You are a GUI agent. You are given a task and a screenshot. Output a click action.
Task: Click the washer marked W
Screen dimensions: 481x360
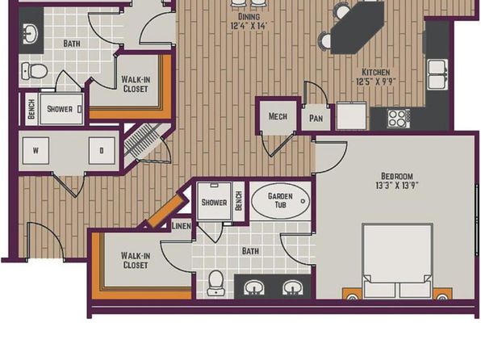click(36, 151)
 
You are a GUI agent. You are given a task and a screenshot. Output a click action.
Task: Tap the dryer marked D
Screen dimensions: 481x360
click(102, 151)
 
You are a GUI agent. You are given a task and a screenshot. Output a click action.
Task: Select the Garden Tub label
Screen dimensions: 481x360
click(280, 200)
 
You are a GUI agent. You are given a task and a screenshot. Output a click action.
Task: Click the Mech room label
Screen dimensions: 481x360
click(278, 116)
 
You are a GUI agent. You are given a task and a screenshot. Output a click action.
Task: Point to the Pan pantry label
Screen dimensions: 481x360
click(316, 118)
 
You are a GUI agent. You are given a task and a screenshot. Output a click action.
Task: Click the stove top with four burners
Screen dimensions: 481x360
click(399, 119)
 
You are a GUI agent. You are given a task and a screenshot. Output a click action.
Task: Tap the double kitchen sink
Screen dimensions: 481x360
click(437, 74)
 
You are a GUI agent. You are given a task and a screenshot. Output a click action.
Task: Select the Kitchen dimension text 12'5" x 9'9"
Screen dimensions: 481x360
click(376, 82)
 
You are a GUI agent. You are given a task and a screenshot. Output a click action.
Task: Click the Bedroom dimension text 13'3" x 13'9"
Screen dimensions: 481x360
click(397, 186)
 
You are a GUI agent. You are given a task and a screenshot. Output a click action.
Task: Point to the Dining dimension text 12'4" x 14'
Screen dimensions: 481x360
click(249, 26)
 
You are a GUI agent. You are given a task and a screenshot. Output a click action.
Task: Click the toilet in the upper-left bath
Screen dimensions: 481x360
click(35, 71)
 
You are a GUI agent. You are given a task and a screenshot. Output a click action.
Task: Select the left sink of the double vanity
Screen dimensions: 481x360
click(253, 288)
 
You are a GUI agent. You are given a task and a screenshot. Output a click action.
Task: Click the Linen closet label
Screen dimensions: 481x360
click(182, 226)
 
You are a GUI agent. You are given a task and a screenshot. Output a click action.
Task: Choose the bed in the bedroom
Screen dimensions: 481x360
click(398, 261)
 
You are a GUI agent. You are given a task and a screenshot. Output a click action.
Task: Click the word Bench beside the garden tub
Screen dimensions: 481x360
click(239, 201)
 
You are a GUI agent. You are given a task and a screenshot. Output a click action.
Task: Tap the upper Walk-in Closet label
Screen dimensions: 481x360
click(136, 84)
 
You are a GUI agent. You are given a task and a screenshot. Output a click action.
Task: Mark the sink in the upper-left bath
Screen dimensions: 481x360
click(30, 33)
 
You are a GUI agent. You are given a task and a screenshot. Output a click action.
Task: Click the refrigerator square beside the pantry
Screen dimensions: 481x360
click(352, 115)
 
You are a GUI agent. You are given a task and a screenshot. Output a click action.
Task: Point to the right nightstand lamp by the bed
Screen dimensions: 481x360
click(442, 296)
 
